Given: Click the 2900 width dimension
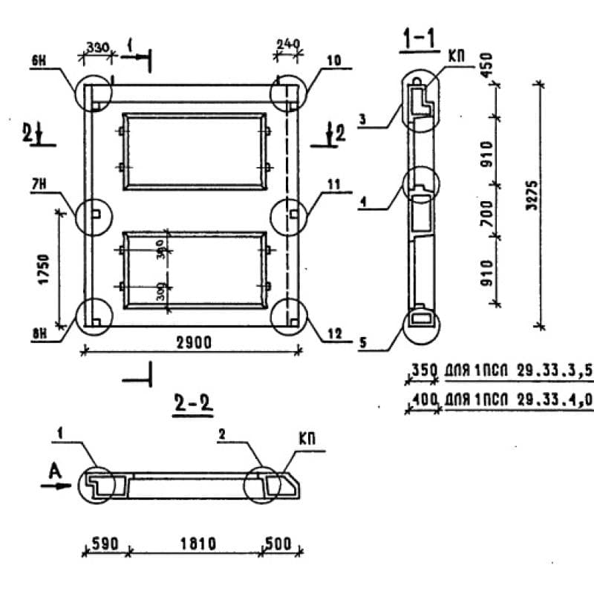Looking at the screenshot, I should (x=195, y=342).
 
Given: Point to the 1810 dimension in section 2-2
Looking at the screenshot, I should (x=197, y=544).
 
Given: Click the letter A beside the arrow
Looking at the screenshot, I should (x=53, y=469).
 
